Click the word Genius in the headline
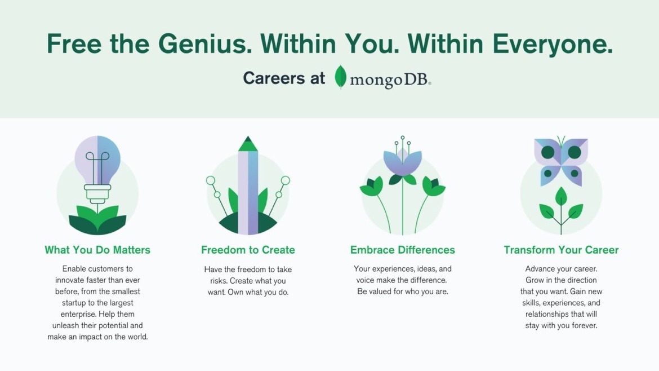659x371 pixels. [205, 44]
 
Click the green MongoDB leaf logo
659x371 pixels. [340, 77]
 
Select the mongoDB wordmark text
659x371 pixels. [390, 79]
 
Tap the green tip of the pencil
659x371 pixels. [248, 144]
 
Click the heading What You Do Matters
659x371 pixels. [97, 250]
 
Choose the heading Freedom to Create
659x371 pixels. [248, 250]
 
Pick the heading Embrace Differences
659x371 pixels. [403, 250]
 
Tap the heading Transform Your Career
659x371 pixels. [561, 250]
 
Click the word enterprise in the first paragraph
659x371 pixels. [78, 314]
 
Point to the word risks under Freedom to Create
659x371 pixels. [219, 281]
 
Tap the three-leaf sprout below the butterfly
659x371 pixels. [561, 210]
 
